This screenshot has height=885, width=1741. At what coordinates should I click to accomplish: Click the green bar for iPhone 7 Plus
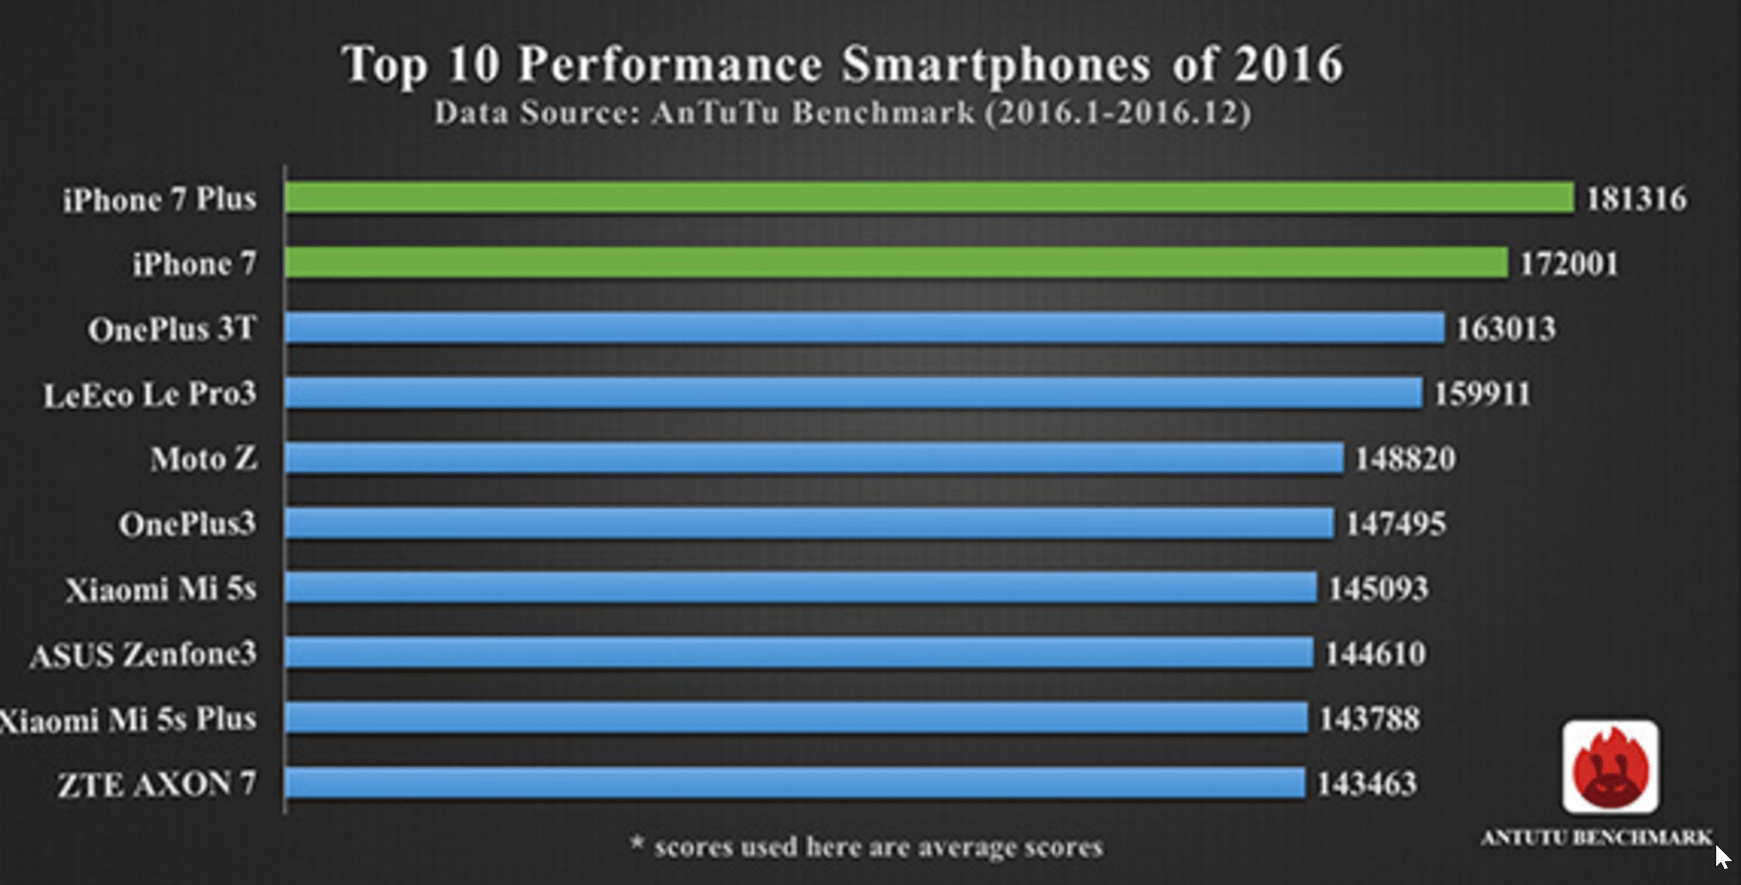click(x=928, y=197)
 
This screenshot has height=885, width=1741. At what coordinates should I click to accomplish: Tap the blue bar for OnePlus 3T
click(x=864, y=328)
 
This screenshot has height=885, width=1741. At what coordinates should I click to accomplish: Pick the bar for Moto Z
click(x=813, y=458)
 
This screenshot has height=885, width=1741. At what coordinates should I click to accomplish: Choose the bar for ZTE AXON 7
click(x=794, y=783)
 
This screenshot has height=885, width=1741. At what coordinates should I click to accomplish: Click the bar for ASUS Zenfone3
click(x=798, y=653)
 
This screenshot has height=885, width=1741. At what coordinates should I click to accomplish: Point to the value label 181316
click(x=1636, y=198)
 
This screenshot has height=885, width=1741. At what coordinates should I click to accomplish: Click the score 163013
click(x=1505, y=328)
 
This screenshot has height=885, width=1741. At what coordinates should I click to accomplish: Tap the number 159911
click(x=1482, y=394)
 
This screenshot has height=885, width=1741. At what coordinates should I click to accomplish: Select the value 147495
click(x=1395, y=524)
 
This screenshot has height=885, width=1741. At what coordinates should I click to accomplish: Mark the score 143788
click(x=1369, y=718)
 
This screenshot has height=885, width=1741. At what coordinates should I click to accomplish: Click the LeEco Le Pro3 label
click(x=150, y=395)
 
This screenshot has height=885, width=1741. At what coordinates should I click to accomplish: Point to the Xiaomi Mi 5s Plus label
click(x=128, y=719)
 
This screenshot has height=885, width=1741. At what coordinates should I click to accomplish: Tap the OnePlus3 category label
click(x=187, y=524)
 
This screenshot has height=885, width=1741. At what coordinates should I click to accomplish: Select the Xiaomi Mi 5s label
click(x=161, y=589)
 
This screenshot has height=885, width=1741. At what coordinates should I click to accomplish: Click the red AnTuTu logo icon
click(x=1610, y=767)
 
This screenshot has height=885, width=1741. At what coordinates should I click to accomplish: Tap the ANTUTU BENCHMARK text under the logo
click(x=1595, y=838)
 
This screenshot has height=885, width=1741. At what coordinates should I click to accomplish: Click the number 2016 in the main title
click(x=1288, y=64)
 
